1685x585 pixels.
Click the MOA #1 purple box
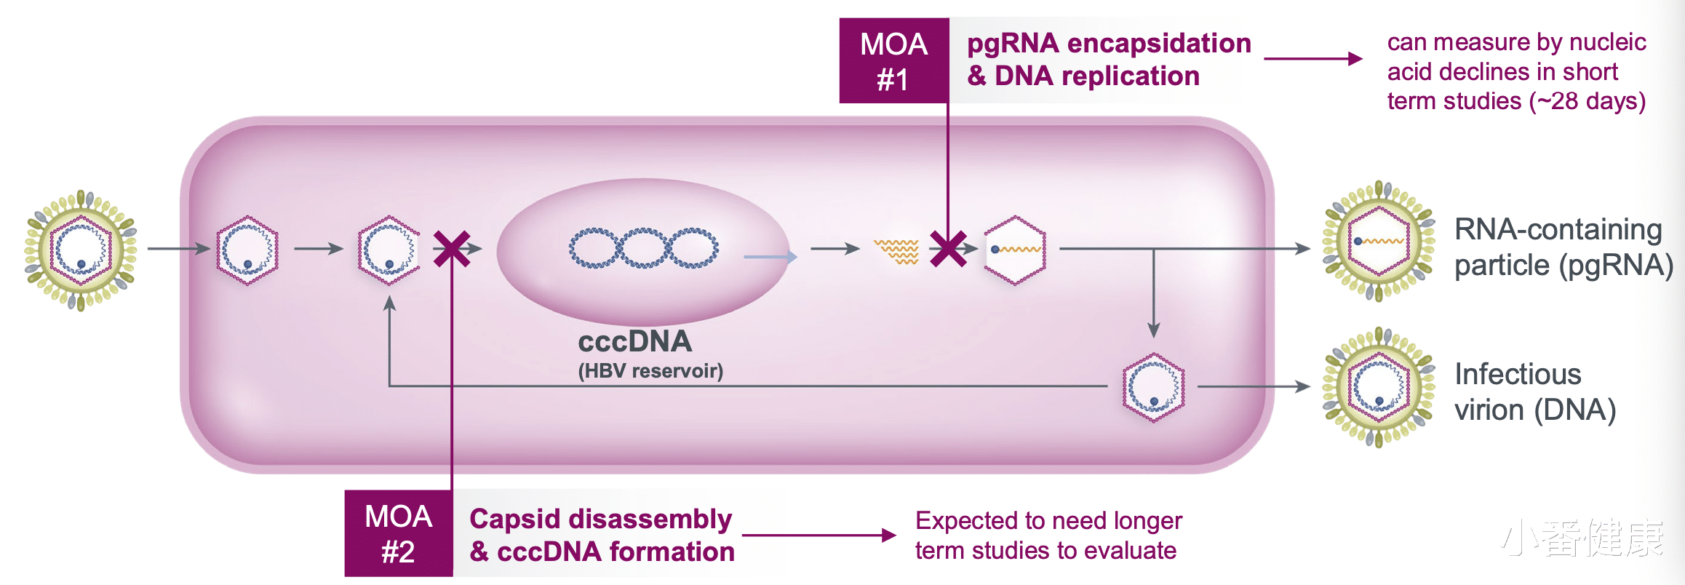tap(894, 61)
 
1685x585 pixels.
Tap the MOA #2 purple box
tap(399, 534)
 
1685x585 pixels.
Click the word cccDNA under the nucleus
tap(635, 342)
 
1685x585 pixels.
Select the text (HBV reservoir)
tap(650, 371)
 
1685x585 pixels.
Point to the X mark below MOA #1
tap(948, 249)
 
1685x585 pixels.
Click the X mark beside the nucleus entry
tap(451, 249)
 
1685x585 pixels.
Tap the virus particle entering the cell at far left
tap(81, 250)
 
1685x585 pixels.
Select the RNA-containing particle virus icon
tap(1378, 241)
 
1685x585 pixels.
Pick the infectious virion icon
tap(1378, 386)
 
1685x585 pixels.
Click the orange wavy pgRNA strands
tap(896, 250)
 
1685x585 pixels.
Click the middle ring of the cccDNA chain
tap(643, 248)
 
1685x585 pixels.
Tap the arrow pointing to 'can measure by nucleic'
tap(1312, 59)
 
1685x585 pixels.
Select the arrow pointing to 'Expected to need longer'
tap(819, 536)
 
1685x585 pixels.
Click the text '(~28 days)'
tap(1588, 101)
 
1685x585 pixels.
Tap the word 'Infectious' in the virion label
tap(1518, 375)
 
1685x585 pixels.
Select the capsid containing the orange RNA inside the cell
tap(1015, 250)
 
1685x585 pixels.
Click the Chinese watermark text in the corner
tap(1583, 538)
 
